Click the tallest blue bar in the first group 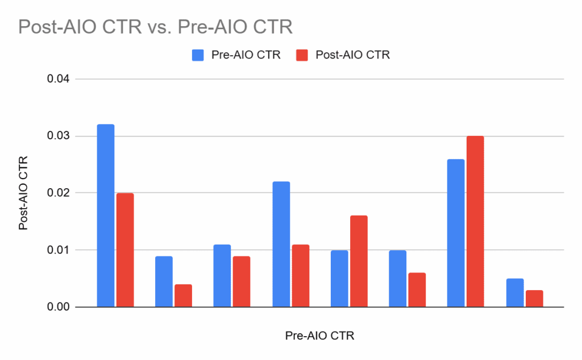[105, 216]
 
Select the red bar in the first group [124, 250]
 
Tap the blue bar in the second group [164, 282]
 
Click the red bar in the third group [242, 282]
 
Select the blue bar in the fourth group [281, 245]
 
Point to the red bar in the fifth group [359, 262]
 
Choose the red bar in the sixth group [417, 290]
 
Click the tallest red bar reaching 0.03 [475, 222]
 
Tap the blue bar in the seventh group [455, 233]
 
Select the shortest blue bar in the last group [514, 293]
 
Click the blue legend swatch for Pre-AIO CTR [197, 55]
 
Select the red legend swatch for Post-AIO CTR [302, 55]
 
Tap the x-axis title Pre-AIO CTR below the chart [319, 336]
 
